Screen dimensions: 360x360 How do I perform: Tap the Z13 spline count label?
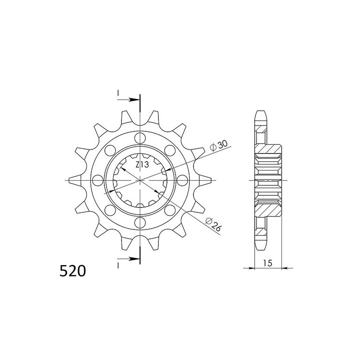pyautogui.click(x=142, y=165)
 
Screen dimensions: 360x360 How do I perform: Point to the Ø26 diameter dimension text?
pyautogui.click(x=212, y=224)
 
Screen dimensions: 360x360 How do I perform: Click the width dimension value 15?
pyautogui.click(x=267, y=262)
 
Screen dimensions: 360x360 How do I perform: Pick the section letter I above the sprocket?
pyautogui.click(x=118, y=93)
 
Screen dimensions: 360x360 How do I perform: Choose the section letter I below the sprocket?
pyautogui.click(x=118, y=266)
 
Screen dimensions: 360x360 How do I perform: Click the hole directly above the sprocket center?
pyautogui.click(x=140, y=138)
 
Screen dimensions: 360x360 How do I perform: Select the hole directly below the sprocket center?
pyautogui.click(x=140, y=222)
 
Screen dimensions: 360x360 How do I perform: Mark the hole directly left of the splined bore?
pyautogui.click(x=98, y=180)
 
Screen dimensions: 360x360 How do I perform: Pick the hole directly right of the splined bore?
pyautogui.click(x=182, y=180)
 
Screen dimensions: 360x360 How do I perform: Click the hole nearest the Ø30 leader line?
pyautogui.click(x=170, y=150)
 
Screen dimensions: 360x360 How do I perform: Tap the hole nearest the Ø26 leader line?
pyautogui.click(x=170, y=210)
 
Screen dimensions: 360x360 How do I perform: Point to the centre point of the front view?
pyautogui.click(x=140, y=180)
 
